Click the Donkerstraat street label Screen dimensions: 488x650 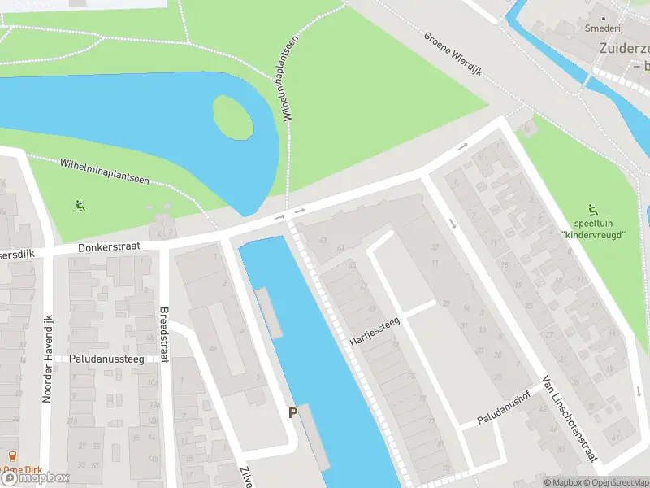pyautogui.click(x=110, y=246)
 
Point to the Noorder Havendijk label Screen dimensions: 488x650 pyautogui.click(x=46, y=359)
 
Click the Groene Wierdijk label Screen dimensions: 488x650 pyautogui.click(x=453, y=54)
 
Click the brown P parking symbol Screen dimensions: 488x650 pyautogui.click(x=292, y=413)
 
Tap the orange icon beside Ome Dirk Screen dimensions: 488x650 pyautogui.click(x=11, y=457)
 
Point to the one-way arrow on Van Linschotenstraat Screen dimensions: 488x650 pyautogui.click(x=453, y=223)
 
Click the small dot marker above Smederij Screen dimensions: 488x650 pyautogui.click(x=603, y=16)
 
